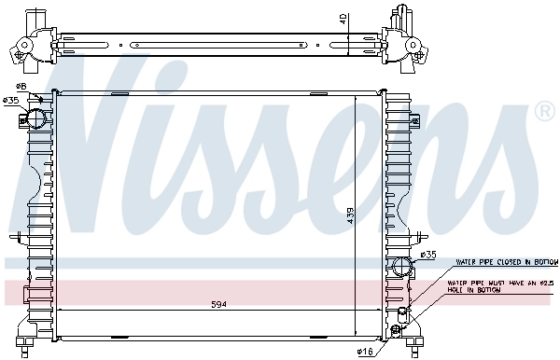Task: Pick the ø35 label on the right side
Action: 427,255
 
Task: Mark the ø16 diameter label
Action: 365,351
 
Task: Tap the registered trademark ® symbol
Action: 543,112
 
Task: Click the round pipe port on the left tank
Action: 35,118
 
